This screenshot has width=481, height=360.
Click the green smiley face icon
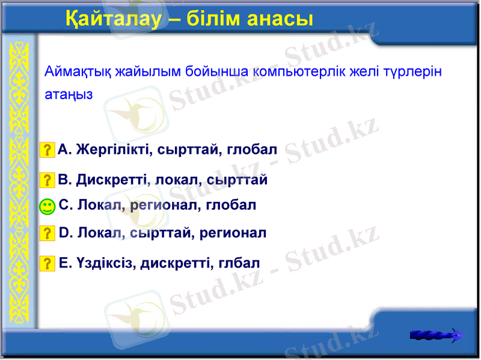pos(47,207)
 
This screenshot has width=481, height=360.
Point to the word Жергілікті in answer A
pos(114,149)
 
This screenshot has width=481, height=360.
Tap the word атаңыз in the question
pos(69,95)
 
